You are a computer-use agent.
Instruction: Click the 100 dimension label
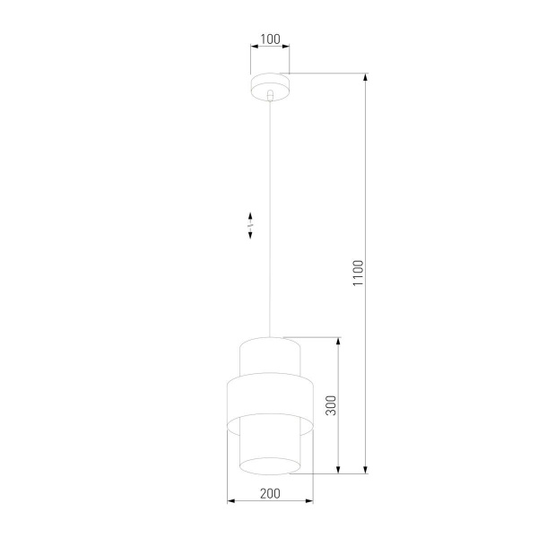[x=270, y=40]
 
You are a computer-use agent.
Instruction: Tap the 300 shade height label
[x=330, y=405]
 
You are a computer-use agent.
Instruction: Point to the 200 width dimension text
[x=269, y=492]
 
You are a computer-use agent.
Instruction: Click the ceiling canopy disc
[x=269, y=85]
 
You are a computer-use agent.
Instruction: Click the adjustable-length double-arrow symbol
[x=251, y=224]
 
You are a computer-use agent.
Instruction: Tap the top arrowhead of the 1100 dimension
[x=366, y=76]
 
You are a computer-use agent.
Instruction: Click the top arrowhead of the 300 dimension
[x=339, y=341]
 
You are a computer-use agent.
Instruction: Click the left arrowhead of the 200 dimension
[x=230, y=500]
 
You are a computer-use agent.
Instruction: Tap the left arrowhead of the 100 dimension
[x=252, y=48]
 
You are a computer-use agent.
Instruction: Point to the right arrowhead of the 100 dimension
[x=286, y=48]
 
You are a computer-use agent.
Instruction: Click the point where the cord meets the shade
[x=269, y=337]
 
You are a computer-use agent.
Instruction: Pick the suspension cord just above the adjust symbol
[x=269, y=202]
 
